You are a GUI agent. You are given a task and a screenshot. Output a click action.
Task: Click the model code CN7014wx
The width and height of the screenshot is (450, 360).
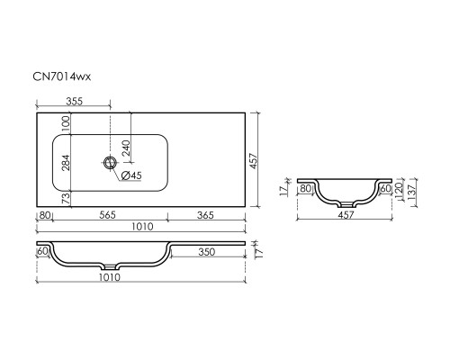[x=61, y=76]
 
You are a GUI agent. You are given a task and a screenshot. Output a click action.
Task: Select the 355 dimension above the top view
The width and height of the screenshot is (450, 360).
[x=74, y=102]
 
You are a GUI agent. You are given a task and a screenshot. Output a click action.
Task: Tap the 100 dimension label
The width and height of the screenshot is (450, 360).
[x=66, y=123]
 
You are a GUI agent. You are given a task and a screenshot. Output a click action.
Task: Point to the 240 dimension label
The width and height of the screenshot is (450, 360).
[x=126, y=148]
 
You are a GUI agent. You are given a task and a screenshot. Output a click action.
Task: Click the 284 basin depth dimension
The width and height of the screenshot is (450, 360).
[x=66, y=162]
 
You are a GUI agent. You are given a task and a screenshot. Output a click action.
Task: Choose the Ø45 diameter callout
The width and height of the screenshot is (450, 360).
[x=131, y=175]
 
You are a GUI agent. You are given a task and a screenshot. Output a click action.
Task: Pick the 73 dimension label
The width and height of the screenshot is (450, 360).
[x=66, y=199]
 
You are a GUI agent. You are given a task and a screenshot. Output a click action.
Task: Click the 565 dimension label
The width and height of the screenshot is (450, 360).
[x=107, y=215]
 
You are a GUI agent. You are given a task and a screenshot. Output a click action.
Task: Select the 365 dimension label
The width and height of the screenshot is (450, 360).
[x=206, y=215]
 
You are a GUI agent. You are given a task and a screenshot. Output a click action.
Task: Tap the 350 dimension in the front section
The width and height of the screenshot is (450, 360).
[x=207, y=252]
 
